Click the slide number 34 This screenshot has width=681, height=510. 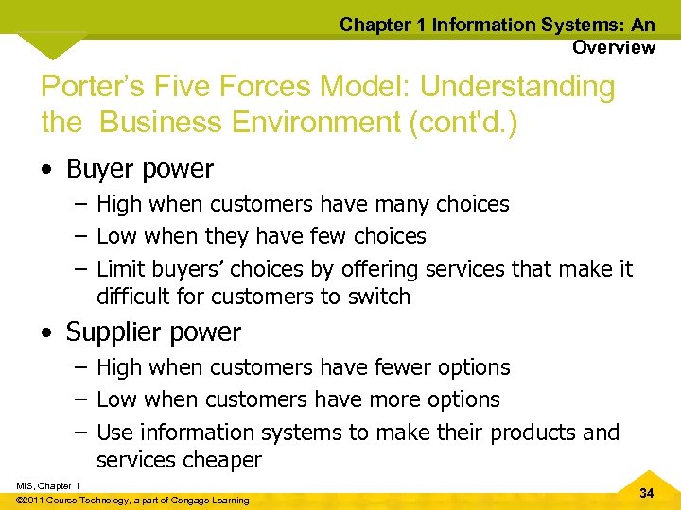pos(646,494)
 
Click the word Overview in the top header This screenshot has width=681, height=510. pos(613,47)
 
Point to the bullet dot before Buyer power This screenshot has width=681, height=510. pos(47,171)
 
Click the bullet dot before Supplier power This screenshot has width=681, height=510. pos(47,333)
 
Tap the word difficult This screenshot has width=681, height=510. pos(134,297)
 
